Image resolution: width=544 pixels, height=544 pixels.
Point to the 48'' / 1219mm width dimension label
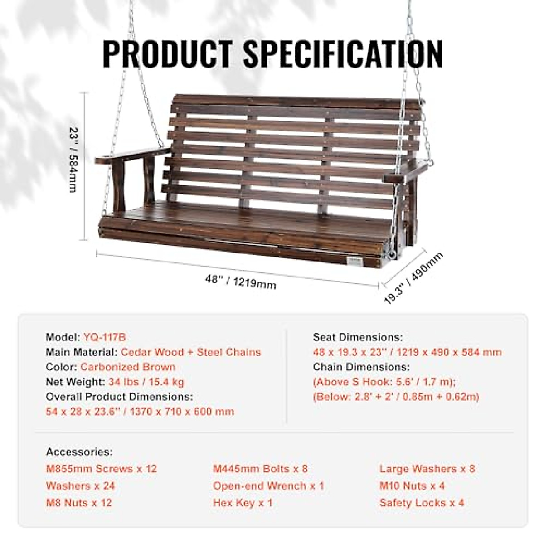point(240,282)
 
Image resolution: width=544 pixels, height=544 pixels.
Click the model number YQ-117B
point(105,337)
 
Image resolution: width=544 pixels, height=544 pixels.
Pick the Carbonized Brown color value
point(128,367)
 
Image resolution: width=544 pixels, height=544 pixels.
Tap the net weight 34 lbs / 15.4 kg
point(146,382)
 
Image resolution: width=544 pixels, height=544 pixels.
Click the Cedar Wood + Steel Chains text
point(191,352)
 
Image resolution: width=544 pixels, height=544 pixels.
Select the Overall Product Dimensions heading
point(119,397)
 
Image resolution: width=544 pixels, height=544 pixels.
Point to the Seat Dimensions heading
point(358,337)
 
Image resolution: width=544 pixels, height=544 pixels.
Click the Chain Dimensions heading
point(361,367)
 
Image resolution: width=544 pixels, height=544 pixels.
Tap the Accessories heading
point(79,452)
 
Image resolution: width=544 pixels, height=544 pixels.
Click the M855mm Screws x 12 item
point(102,469)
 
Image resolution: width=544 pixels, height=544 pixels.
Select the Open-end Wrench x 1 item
point(269,486)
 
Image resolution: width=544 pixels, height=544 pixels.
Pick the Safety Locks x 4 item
point(422,503)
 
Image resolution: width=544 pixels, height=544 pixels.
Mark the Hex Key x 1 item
point(243,503)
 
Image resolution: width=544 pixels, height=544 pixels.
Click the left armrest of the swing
point(131,156)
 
